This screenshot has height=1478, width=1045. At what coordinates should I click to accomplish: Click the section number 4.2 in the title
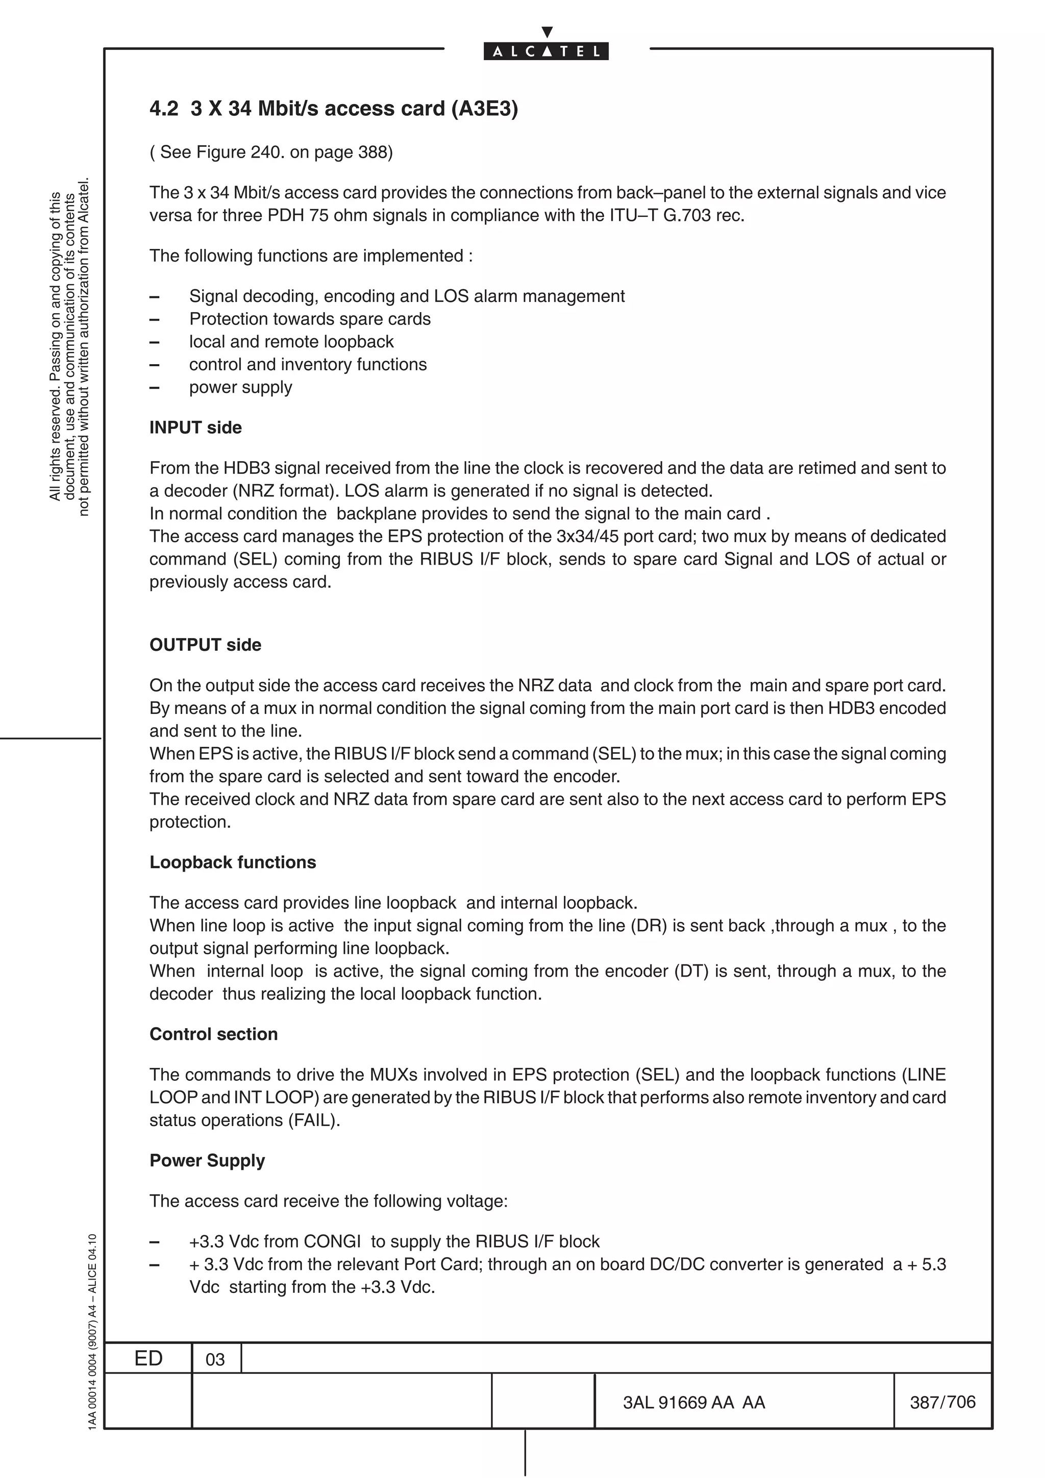point(164,109)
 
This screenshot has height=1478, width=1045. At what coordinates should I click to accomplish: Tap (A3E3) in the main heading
point(484,109)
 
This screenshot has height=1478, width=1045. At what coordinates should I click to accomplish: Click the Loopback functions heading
point(233,862)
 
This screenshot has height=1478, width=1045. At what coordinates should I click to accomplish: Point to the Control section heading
point(213,1034)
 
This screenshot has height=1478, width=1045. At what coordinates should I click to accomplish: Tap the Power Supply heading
point(207,1161)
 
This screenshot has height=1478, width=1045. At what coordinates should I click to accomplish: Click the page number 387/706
point(942,1402)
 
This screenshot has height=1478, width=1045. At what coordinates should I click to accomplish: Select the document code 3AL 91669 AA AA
point(693,1403)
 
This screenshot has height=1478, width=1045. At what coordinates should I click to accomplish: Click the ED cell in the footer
point(148,1358)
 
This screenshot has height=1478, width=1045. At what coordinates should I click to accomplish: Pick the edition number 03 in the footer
point(215,1360)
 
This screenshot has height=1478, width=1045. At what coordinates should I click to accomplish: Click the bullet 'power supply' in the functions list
point(240,388)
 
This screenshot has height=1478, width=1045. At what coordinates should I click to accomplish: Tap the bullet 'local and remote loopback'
point(291,342)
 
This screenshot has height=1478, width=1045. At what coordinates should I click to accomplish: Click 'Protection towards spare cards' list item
point(310,319)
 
